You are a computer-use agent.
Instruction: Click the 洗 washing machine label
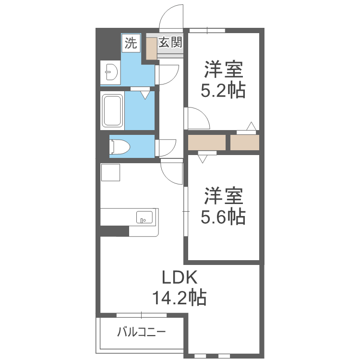pos(131,43)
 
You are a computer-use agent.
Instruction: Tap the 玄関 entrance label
pos(170,42)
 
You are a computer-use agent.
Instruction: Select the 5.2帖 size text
pos(223,90)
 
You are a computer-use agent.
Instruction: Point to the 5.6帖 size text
pos(223,216)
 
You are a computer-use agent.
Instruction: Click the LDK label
pos(180,277)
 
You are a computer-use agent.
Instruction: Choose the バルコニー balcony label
pos(142,332)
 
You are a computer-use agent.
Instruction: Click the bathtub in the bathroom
pos(112,111)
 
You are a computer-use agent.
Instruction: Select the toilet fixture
pos(120,146)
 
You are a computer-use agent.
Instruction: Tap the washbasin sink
pos(111,72)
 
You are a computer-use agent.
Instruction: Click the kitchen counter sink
pos(144,217)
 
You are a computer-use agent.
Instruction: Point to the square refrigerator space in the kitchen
pos(110,172)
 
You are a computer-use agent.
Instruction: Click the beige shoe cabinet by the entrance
pos(152,48)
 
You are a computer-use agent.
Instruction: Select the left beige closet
pos(206,143)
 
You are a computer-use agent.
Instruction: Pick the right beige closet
pos(245,143)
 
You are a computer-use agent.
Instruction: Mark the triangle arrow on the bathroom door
pos(145,95)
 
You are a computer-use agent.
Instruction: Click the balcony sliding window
pos(142,315)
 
